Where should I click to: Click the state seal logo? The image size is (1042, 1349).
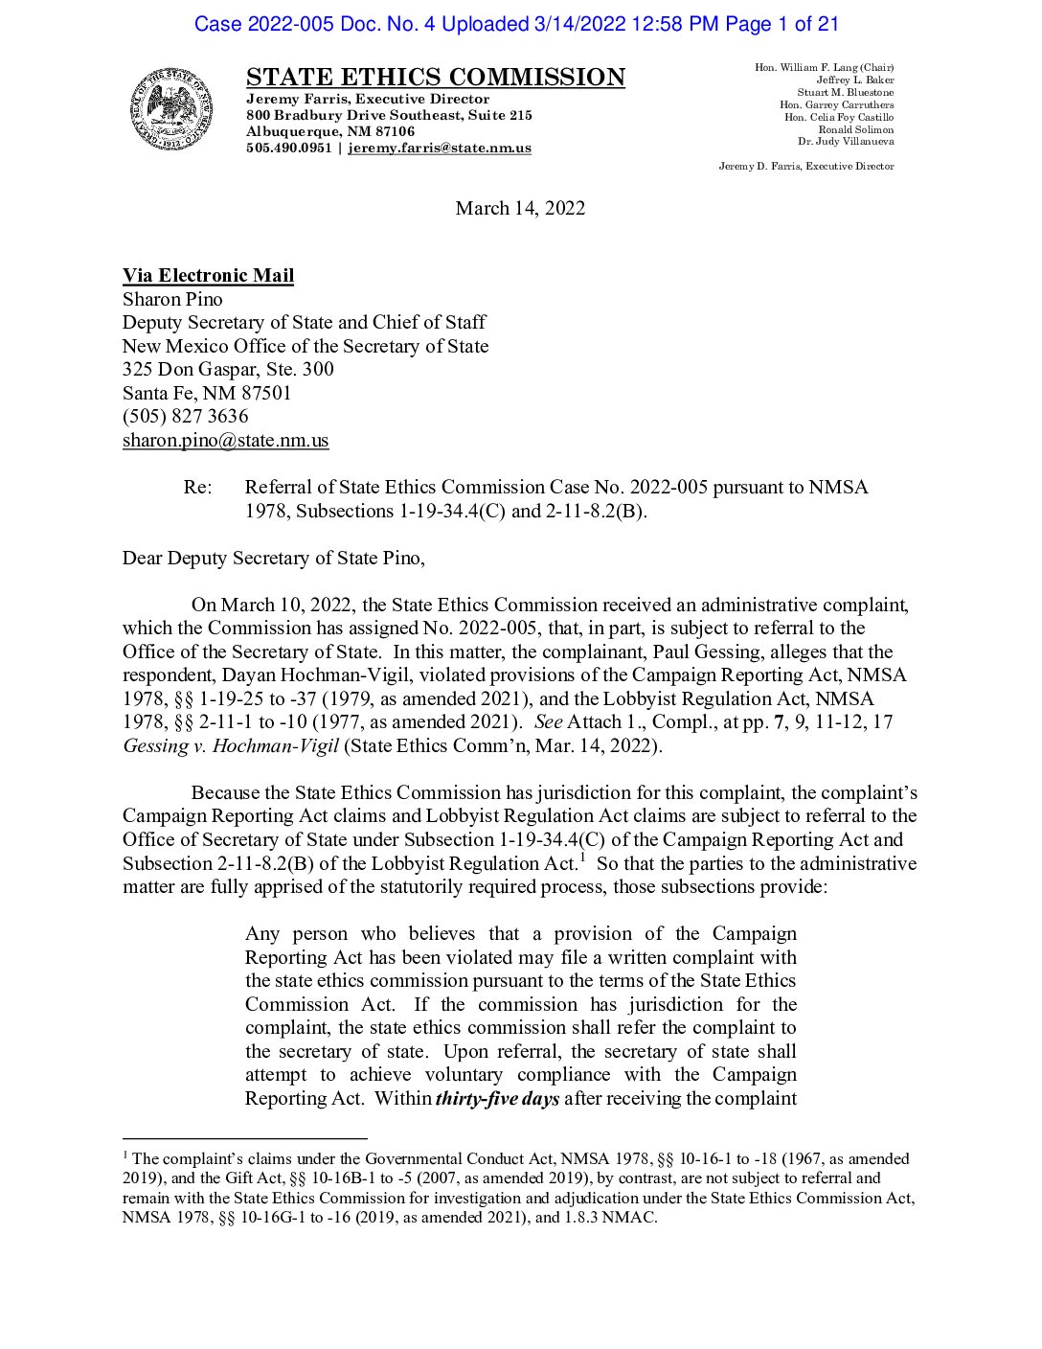click(172, 110)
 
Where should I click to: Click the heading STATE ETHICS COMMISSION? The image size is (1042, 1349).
click(435, 78)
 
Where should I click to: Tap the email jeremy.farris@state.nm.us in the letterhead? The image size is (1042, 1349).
click(439, 148)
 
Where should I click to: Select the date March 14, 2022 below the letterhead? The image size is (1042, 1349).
click(520, 208)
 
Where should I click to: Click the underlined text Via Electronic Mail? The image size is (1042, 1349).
click(208, 276)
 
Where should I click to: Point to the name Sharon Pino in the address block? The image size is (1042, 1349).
click(172, 299)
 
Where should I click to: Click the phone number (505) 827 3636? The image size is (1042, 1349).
click(185, 416)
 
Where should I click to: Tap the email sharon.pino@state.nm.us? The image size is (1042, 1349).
click(225, 440)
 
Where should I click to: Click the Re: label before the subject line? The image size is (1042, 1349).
click(197, 487)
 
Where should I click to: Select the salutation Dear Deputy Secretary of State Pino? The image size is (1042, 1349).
click(273, 558)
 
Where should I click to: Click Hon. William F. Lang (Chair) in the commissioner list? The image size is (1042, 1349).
click(824, 67)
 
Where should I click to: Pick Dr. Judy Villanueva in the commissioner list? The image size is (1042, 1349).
click(846, 141)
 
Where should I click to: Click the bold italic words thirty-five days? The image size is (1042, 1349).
click(497, 1098)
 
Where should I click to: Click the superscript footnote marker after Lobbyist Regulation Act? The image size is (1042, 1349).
click(582, 857)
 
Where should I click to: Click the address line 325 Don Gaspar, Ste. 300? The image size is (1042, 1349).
click(228, 369)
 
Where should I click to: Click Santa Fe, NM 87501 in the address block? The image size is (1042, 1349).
click(207, 393)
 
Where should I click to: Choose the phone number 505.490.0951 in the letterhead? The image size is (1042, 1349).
click(288, 148)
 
